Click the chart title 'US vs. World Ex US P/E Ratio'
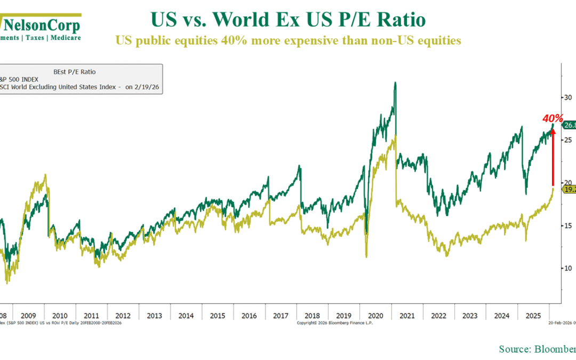289,20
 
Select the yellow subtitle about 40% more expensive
289,41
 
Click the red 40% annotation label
553,118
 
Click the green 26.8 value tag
569,125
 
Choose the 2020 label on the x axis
375,315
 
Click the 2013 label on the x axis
154,315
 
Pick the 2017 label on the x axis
281,315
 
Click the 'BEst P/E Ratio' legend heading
75,71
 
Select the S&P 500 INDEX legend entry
24,79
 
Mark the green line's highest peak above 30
395,83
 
